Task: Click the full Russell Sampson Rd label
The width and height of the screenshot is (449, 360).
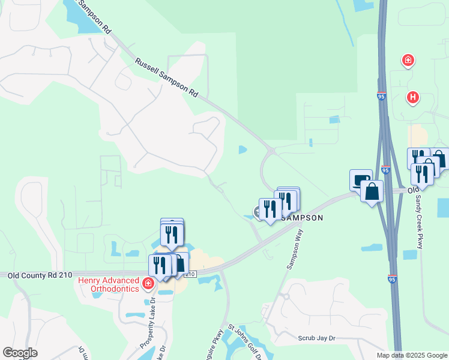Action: pos(166,78)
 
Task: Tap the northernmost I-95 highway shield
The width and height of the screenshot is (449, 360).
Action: pos(381,96)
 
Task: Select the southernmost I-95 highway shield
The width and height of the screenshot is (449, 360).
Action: pos(392,280)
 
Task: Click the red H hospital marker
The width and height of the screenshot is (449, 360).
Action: pos(412,97)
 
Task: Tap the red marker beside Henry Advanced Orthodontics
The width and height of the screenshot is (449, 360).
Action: pos(148,282)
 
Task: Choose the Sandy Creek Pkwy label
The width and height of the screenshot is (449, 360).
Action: pos(419,212)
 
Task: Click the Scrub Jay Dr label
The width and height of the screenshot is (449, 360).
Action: pos(316,338)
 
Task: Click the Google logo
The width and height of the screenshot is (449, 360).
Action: pos(20,353)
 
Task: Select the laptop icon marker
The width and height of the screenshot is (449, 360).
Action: pos(361,180)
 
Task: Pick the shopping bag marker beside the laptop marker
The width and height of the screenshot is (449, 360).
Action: pos(372,192)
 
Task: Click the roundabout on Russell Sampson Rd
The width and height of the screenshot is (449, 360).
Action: pos(271,151)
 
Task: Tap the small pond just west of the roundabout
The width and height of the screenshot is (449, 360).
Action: pos(243,149)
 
